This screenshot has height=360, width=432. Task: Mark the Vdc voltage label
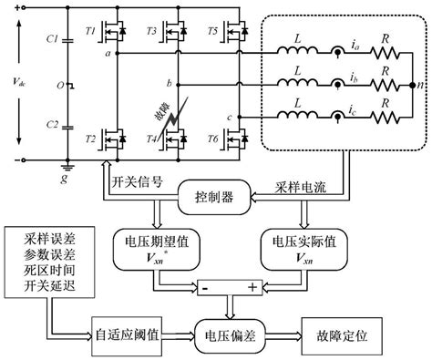tap(21, 80)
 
